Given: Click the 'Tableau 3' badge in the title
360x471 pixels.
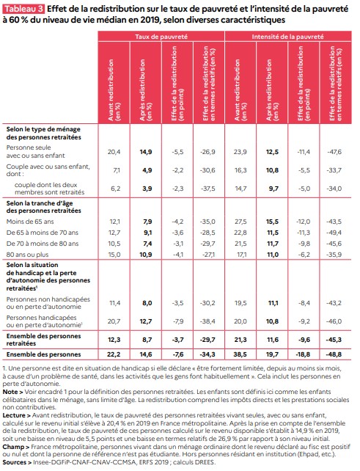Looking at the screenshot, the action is [x=23, y=9].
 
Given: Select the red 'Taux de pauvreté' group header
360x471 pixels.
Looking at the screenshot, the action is [x=161, y=37].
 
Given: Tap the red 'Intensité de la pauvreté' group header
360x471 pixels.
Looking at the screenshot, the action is [x=287, y=37].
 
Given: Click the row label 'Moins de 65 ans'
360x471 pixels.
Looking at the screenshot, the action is [x=30, y=222].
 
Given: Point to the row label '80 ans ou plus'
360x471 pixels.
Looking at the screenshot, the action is [x=27, y=255].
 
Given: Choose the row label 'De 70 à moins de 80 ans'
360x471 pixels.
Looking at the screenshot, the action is [x=43, y=244].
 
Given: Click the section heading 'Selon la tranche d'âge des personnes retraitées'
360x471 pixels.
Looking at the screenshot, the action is [x=43, y=207].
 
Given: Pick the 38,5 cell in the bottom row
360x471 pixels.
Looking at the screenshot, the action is [x=240, y=354].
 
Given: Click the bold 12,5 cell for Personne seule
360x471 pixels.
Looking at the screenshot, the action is [x=272, y=152].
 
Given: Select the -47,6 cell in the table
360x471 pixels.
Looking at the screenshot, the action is [x=334, y=152].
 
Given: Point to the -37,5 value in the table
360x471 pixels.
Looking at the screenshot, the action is [x=208, y=189].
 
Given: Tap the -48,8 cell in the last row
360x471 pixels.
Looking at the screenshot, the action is [x=334, y=354].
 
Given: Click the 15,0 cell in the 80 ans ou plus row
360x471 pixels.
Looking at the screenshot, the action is [x=114, y=255].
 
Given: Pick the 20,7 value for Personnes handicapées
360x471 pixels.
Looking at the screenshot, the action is [x=114, y=321].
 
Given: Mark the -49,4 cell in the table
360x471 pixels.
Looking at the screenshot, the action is [x=334, y=233].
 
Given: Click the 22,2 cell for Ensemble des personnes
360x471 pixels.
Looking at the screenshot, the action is [x=114, y=354].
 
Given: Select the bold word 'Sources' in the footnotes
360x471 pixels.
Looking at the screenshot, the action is [x=14, y=462].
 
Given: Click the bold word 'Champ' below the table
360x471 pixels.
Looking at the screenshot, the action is [x=13, y=447].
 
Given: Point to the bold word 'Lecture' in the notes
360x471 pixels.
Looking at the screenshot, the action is [x=14, y=415].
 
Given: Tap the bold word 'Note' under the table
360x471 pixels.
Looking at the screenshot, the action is [x=10, y=392].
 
